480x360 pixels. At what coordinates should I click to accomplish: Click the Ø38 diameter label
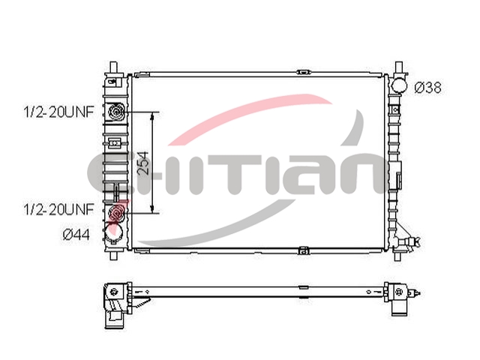pyautogui.click(x=428, y=88)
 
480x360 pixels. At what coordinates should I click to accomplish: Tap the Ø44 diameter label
pyautogui.click(x=76, y=235)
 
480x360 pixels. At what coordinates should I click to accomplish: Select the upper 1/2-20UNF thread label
pyautogui.click(x=58, y=112)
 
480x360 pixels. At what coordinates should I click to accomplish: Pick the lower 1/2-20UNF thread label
pyautogui.click(x=58, y=209)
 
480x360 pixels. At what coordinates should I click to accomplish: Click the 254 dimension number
pyautogui.click(x=143, y=163)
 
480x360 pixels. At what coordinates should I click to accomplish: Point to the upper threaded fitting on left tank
pyautogui.click(x=116, y=112)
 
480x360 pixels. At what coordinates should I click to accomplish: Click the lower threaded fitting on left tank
pyautogui.click(x=117, y=211)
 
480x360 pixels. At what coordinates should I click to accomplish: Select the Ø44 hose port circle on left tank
pyautogui.click(x=114, y=232)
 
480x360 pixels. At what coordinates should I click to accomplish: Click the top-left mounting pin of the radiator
pyautogui.click(x=113, y=67)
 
